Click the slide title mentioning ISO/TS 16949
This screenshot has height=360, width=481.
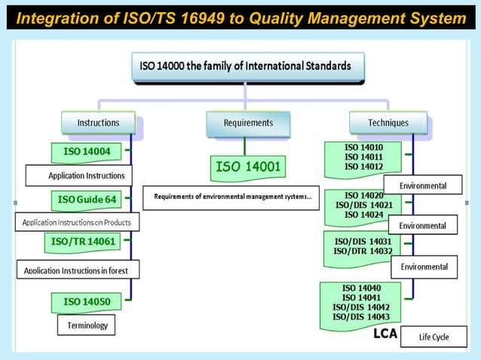click(x=240, y=17)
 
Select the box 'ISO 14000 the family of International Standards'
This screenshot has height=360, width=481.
click(x=245, y=66)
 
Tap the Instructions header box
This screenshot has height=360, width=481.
click(x=98, y=123)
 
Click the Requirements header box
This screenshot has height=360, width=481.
click(x=248, y=123)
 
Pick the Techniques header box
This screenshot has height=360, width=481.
click(x=388, y=123)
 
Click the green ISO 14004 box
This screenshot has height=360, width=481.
click(x=87, y=152)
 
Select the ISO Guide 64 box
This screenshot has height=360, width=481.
click(x=87, y=200)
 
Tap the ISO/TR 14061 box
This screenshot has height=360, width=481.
click(x=87, y=241)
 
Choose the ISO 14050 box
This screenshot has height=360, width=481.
click(x=87, y=301)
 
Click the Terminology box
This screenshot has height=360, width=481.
click(x=87, y=325)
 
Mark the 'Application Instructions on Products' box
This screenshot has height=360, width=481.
click(x=77, y=222)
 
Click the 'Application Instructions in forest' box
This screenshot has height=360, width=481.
click(x=77, y=270)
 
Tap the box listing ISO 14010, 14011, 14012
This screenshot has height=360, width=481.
click(x=363, y=157)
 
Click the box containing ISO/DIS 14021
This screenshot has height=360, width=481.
click(x=363, y=205)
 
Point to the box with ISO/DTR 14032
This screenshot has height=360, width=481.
click(x=363, y=248)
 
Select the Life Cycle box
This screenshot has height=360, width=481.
click(x=434, y=337)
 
